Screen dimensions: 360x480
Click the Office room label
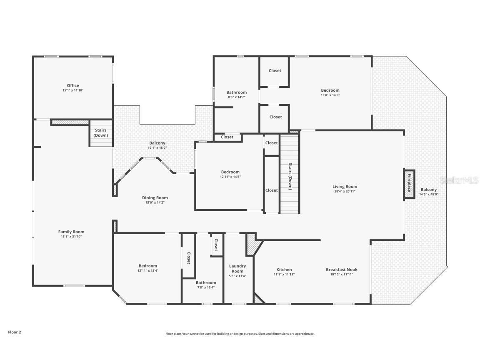73,85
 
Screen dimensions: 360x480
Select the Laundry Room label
237,268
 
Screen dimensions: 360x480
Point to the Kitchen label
284,270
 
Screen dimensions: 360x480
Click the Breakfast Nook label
341,270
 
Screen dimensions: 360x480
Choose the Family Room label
71,232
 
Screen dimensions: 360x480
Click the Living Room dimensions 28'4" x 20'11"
345,192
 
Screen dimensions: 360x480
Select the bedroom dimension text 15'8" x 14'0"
330,95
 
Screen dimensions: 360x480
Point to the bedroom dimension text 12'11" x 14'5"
230,177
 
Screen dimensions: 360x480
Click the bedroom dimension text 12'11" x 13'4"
148,270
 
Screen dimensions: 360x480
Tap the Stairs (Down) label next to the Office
101,133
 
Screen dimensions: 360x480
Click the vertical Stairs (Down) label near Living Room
290,176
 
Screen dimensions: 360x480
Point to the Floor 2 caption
14,332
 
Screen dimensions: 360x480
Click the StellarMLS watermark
459,180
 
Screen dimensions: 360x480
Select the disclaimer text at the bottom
240,334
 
